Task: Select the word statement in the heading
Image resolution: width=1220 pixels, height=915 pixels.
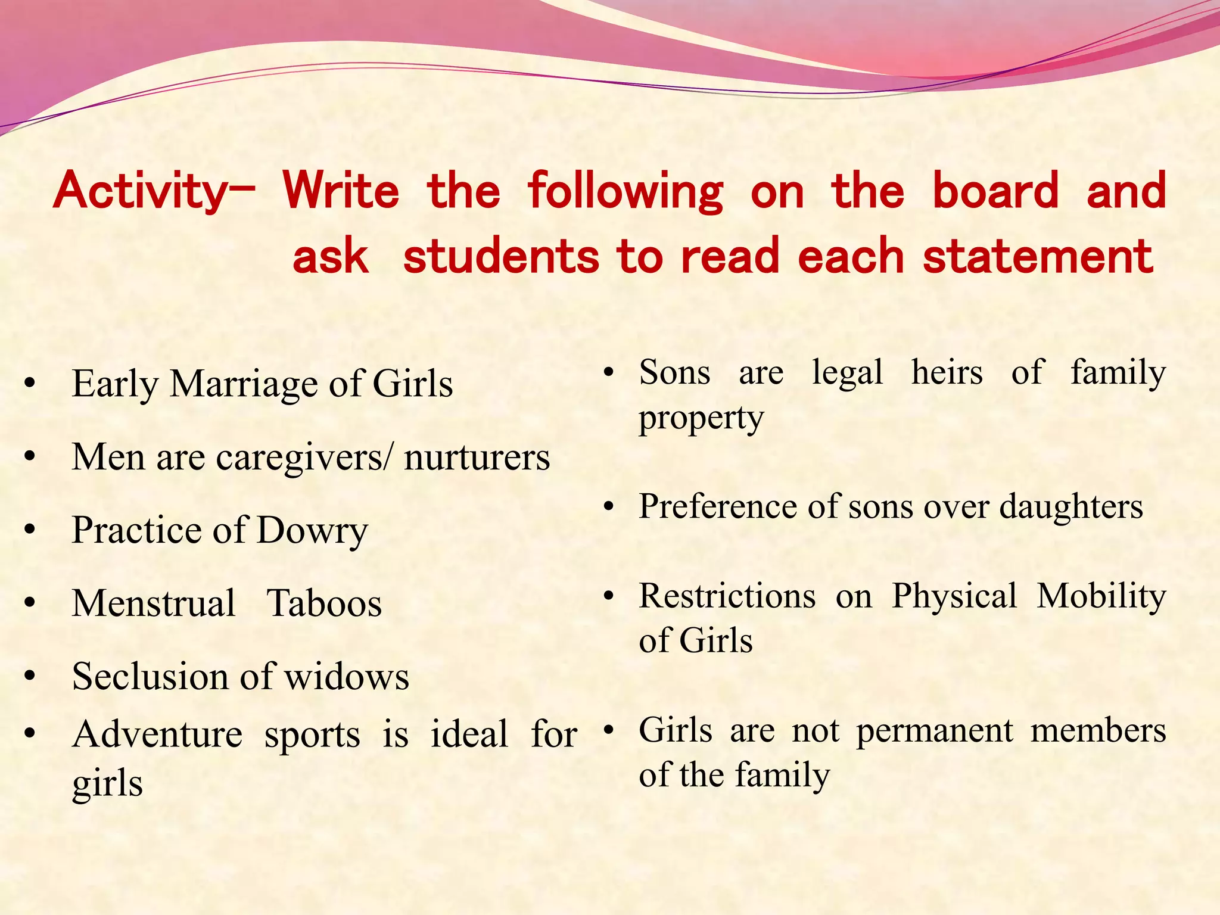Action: click(1038, 256)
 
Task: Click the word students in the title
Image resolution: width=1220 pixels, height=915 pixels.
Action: click(500, 256)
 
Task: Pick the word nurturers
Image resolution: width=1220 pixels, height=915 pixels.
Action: click(477, 457)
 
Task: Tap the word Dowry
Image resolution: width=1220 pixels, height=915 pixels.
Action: click(312, 530)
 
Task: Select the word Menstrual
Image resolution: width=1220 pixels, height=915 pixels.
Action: click(154, 603)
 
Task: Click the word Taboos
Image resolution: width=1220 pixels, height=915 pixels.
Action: click(324, 603)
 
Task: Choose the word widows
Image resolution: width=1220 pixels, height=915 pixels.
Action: click(346, 677)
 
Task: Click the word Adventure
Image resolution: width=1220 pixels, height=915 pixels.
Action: click(157, 734)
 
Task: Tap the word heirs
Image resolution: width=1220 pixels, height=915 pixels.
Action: click(947, 373)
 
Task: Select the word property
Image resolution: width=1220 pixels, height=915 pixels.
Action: click(701, 418)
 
